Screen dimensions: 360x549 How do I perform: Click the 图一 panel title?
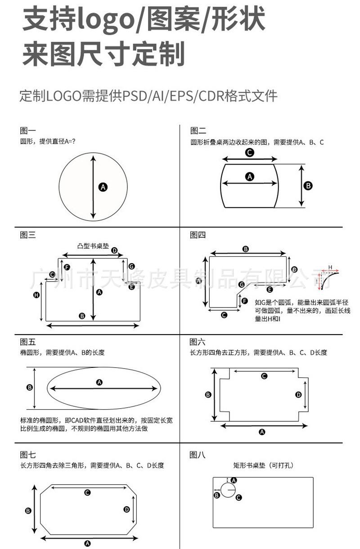pos(27,131)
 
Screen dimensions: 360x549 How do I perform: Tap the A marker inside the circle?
pos(103,187)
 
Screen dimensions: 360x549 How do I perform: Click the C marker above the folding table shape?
pos(249,152)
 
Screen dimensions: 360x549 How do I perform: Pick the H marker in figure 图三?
pos(37,295)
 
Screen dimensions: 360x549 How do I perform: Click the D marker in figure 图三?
pos(114,250)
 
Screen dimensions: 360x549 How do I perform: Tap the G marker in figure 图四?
pos(242,285)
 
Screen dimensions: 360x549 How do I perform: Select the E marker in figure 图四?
pos(270,290)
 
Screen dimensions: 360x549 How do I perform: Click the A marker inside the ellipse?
pos(99,382)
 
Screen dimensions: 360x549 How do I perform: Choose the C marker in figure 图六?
pos(264,376)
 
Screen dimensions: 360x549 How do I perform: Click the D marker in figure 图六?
pos(298,394)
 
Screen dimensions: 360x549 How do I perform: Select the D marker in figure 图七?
pos(127,509)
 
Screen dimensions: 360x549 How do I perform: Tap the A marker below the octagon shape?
pos(88,543)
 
